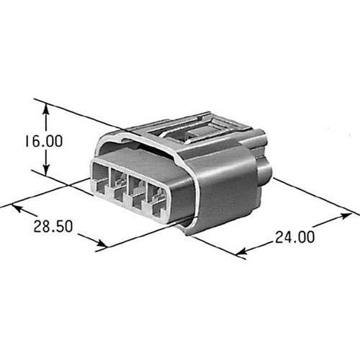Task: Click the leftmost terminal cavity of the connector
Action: (x=100, y=180)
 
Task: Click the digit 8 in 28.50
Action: (x=45, y=227)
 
